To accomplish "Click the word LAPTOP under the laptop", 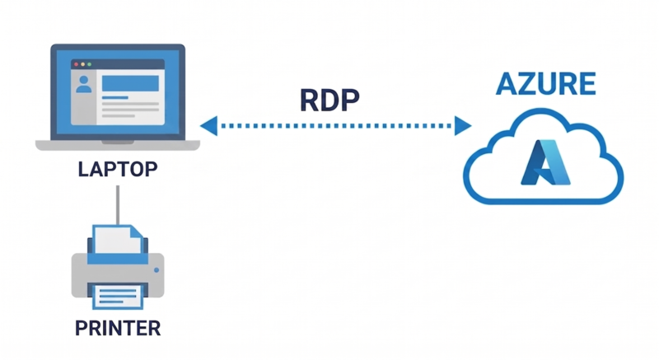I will [x=117, y=170].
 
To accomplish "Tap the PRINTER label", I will [x=118, y=328].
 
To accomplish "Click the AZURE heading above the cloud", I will [x=544, y=86].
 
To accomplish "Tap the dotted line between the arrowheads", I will [x=335, y=126].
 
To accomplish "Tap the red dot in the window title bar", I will [x=77, y=63].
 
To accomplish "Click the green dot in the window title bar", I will [x=92, y=63].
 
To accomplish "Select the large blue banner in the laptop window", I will [x=130, y=83].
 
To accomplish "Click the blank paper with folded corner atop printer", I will [x=116, y=241].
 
